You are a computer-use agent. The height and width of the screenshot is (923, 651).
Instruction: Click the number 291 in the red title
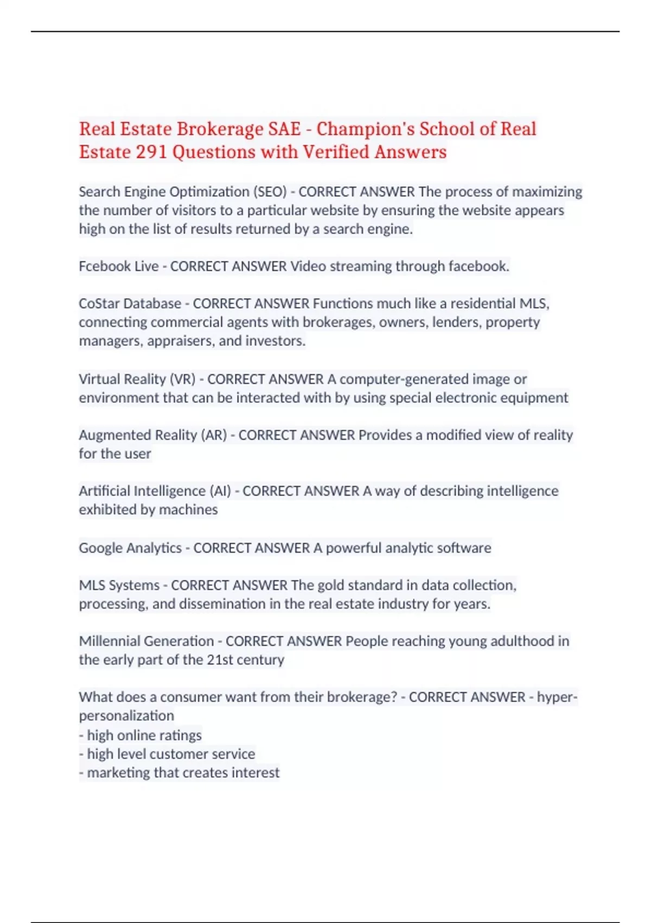[151, 152]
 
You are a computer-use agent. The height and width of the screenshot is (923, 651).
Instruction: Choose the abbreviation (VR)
[182, 379]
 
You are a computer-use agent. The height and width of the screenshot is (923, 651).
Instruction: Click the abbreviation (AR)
[214, 435]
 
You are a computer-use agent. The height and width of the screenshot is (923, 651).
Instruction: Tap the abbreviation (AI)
[220, 491]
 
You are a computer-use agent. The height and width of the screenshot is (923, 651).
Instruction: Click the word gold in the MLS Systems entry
[330, 585]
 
